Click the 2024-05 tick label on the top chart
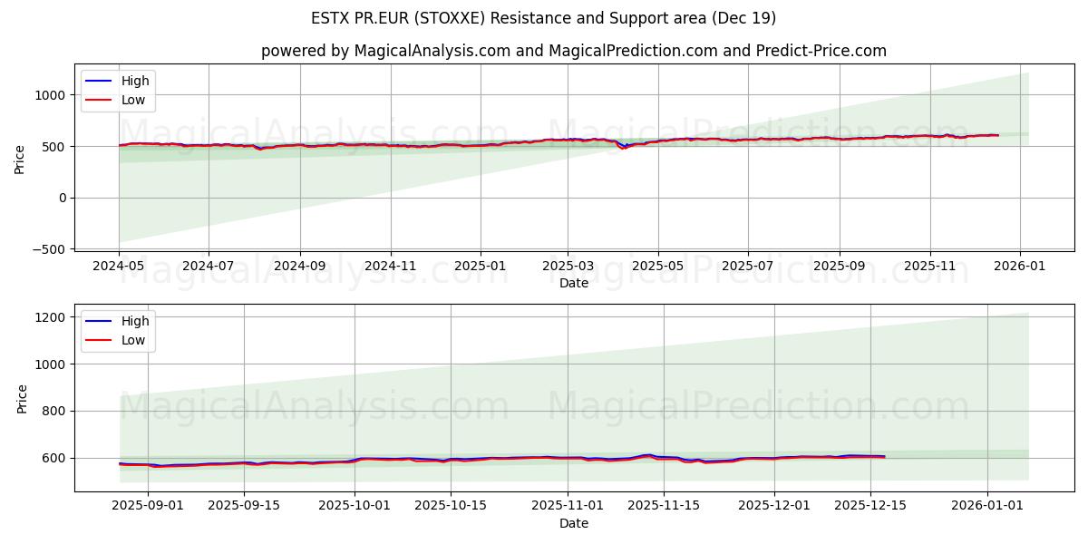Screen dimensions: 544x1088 [119, 267]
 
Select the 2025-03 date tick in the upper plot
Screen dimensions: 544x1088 [568, 267]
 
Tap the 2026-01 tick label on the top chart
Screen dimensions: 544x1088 [1019, 267]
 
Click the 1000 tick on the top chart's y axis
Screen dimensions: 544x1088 [50, 95]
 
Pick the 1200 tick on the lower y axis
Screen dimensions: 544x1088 [50, 317]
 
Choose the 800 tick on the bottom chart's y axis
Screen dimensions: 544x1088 [53, 412]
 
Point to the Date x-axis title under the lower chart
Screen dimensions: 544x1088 [574, 523]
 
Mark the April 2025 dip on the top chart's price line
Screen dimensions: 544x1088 [623, 147]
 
